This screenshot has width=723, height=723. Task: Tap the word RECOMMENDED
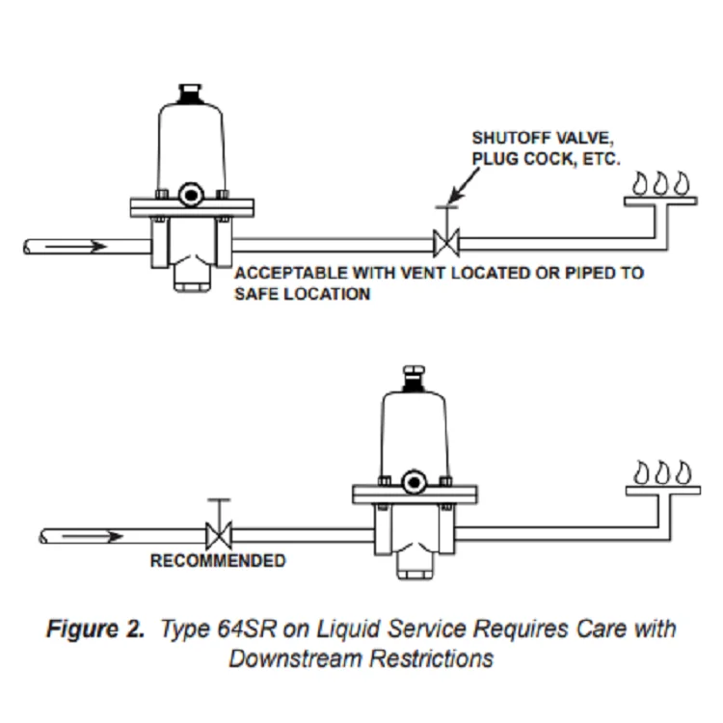click(218, 561)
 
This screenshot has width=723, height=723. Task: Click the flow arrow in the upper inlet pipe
click(76, 247)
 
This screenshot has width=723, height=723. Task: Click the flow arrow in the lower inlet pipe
click(93, 536)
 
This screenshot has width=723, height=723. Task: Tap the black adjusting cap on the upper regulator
click(190, 94)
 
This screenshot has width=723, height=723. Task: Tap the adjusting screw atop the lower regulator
click(415, 378)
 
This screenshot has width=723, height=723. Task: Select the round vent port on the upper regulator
click(191, 195)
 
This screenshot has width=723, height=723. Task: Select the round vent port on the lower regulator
click(414, 482)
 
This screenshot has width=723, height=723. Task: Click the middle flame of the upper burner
click(660, 183)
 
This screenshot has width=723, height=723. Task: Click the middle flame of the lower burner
click(662, 472)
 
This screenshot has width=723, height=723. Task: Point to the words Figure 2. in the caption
click(95, 629)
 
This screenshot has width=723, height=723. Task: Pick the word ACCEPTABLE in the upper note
click(291, 273)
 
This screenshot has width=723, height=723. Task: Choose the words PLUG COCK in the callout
click(523, 159)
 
